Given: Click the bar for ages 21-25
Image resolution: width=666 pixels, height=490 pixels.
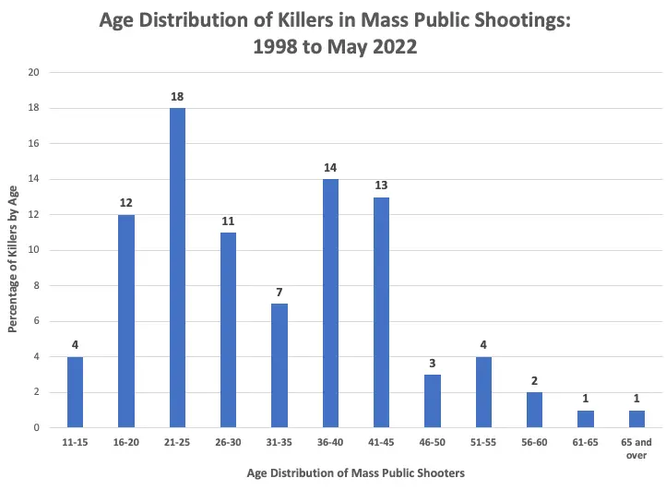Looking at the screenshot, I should [x=177, y=268].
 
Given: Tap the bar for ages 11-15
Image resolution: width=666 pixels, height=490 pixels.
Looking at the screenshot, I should [x=76, y=391].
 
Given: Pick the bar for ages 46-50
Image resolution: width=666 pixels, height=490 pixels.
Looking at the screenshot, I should [x=432, y=400].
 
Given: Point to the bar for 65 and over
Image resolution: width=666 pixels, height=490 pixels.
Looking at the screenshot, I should [x=636, y=418].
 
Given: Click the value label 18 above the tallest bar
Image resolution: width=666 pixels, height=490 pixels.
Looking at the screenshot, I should [x=177, y=96].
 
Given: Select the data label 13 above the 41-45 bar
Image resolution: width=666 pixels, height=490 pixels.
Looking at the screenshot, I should [x=381, y=185].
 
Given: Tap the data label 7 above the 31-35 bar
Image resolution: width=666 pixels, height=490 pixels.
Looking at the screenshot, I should [x=279, y=292].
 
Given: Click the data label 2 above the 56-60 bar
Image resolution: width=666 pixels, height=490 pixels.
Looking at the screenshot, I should [x=534, y=379].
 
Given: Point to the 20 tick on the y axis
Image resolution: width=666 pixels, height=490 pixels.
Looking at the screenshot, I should [x=34, y=72].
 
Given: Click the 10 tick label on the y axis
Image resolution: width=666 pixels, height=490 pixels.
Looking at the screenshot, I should [x=34, y=250].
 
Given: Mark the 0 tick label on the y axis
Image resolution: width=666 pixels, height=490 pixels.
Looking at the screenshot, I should [x=37, y=427].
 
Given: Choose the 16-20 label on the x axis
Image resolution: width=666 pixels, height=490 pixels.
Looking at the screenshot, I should [x=126, y=443].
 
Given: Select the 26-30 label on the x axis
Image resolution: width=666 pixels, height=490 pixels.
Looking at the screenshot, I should [x=229, y=443].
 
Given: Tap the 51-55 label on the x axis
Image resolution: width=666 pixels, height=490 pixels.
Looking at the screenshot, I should [x=483, y=443].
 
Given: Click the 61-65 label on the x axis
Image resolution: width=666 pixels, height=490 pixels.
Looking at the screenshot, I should [x=585, y=443].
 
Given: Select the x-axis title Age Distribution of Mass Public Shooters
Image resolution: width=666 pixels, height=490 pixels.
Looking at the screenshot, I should [x=355, y=472].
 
